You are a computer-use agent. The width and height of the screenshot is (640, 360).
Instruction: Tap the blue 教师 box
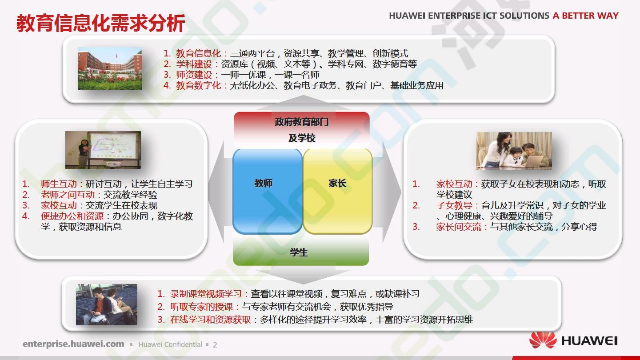coord(268,191)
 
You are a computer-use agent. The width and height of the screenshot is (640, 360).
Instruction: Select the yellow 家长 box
coord(338,191)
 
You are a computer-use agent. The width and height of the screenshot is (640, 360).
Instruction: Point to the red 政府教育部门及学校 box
coord(301,130)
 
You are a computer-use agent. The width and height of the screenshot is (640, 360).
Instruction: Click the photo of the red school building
coord(110,68)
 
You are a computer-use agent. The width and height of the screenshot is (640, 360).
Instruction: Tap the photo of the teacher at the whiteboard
coord(103,150)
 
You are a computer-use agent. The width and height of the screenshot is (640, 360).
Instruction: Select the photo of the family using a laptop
coord(514,151)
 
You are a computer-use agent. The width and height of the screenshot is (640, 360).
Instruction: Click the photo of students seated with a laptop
coord(106,304)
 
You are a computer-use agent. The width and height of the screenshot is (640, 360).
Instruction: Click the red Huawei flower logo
coord(543,340)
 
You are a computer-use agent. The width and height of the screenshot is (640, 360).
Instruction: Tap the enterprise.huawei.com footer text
coord(73,344)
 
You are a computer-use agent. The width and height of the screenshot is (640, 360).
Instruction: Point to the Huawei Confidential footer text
coord(170,344)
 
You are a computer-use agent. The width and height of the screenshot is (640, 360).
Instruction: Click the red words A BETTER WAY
coord(585,16)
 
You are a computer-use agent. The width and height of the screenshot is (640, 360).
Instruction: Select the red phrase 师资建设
coord(194,75)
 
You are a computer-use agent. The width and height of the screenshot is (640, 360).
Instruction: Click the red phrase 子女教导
coord(454,205)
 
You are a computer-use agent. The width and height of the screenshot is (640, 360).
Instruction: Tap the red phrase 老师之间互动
coord(68,195)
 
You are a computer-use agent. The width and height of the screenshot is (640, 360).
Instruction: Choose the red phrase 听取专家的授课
coord(202,307)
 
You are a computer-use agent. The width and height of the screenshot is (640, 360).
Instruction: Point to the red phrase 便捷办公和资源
coord(72,216)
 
